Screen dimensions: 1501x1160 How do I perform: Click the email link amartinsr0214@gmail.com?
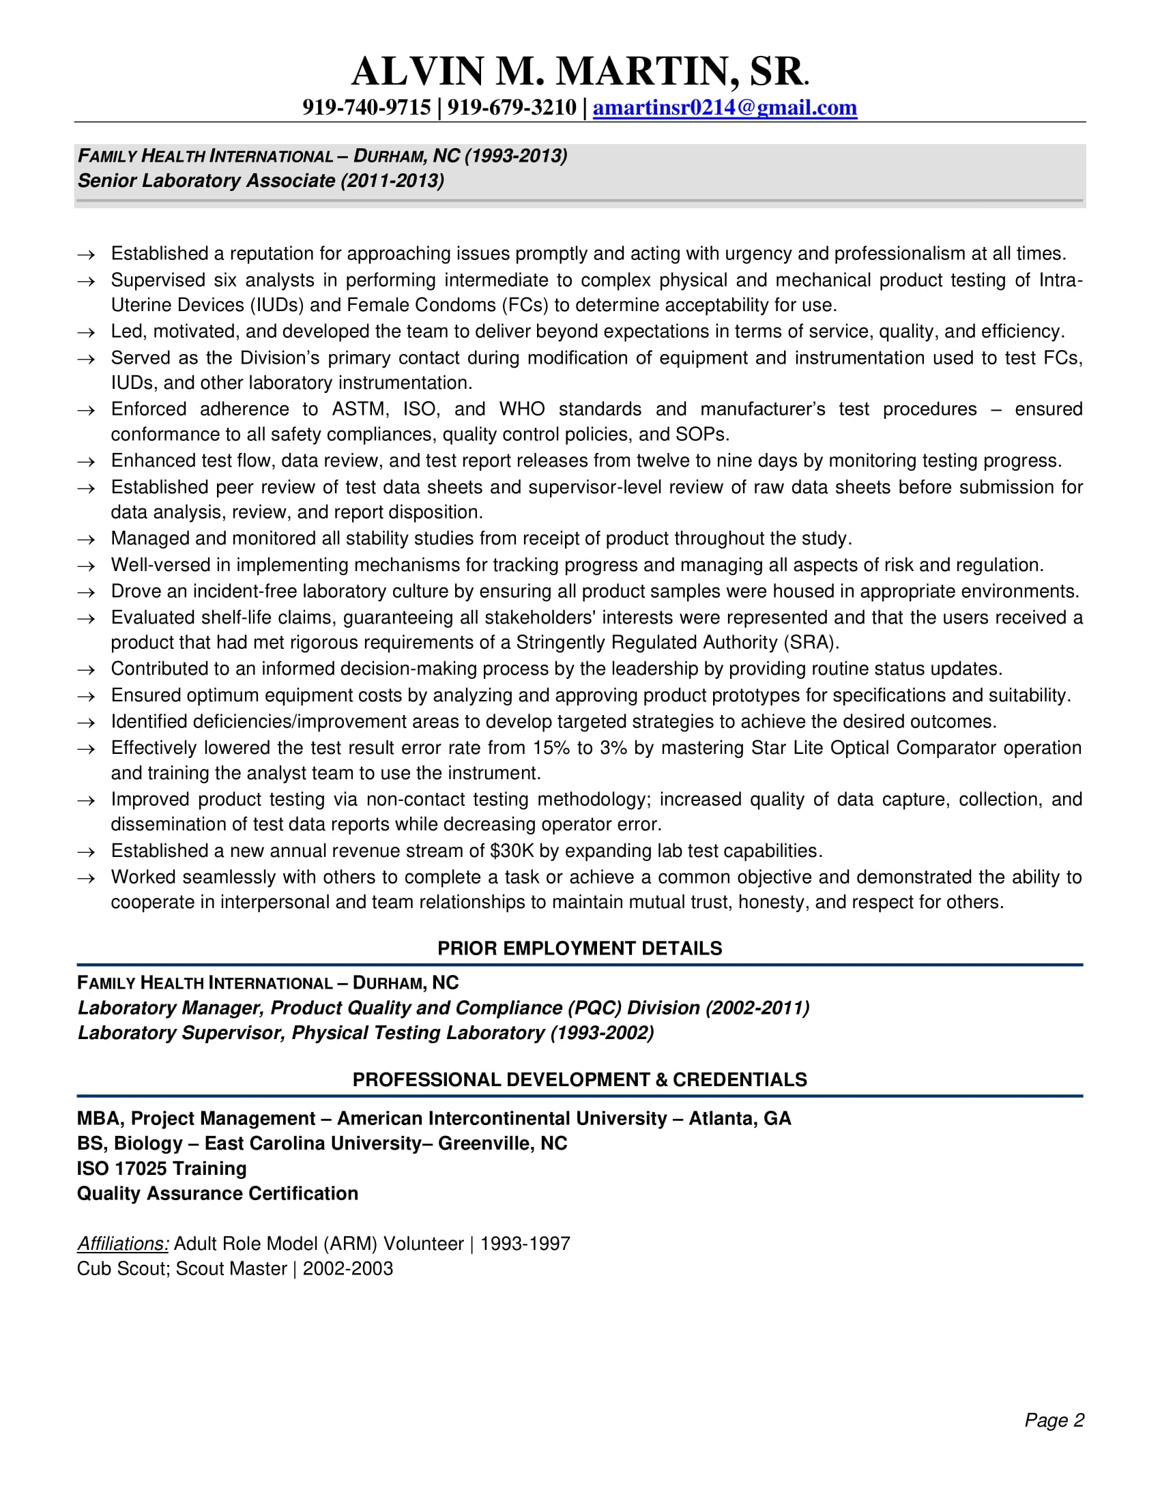[x=724, y=108]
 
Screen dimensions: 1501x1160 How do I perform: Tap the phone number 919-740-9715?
[x=366, y=108]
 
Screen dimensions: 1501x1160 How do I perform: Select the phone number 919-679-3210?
[x=511, y=108]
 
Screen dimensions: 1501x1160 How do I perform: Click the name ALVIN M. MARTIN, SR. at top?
[x=579, y=72]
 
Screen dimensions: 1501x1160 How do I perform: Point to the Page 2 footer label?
[x=1054, y=1420]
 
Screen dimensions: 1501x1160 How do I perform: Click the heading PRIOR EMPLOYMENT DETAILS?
[x=579, y=948]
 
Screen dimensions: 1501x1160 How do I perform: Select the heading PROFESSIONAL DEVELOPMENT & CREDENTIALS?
[x=579, y=1080]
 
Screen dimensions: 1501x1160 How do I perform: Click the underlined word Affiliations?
[x=123, y=1243]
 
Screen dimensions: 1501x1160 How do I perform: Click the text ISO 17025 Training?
[x=162, y=1168]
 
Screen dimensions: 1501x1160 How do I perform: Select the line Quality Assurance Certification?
[x=217, y=1194]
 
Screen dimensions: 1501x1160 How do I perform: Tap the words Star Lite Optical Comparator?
[x=873, y=748]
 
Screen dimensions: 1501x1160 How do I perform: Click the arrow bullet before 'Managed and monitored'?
[x=86, y=540]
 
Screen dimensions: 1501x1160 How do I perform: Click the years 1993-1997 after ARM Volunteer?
[x=525, y=1244]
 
